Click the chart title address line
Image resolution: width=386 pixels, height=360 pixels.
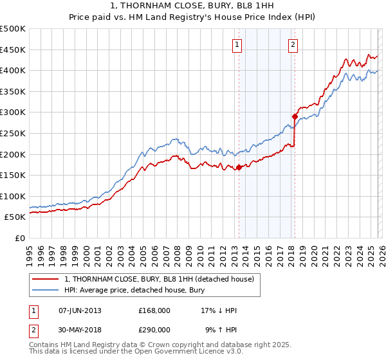tap(192, 6)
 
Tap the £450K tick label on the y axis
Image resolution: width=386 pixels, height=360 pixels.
tap(13, 50)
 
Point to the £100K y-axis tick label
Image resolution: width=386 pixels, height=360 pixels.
tap(13, 196)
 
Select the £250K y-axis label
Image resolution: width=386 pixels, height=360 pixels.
tap(13, 133)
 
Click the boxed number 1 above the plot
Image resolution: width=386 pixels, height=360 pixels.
tap(237, 45)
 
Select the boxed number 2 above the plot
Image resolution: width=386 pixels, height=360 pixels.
tap(293, 45)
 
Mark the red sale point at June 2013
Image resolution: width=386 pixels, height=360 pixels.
tap(239, 167)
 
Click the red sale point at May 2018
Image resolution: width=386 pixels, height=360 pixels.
tap(295, 116)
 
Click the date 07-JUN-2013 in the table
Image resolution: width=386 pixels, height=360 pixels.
tap(80, 310)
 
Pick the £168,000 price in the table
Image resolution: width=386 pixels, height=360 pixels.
tap(154, 310)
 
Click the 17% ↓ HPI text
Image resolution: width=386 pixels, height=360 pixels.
tap(219, 310)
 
